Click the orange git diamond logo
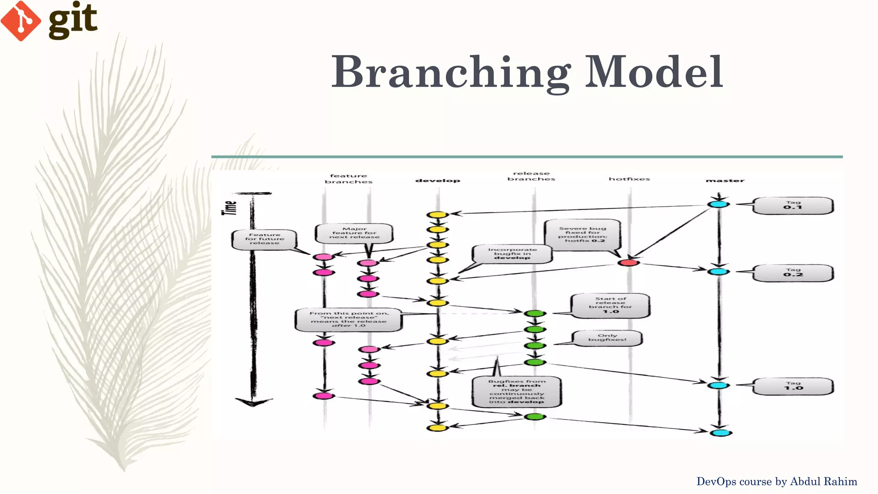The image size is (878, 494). point(21,21)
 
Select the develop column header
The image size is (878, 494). point(438,181)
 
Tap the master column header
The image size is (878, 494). point(725,181)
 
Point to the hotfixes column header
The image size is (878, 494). point(629,179)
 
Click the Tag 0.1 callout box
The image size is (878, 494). point(793,205)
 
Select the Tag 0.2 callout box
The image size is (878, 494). point(793,273)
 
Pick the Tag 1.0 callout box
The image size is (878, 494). point(793,386)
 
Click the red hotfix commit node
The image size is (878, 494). point(628,262)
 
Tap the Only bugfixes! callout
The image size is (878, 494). point(607,338)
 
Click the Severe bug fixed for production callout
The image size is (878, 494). point(582,235)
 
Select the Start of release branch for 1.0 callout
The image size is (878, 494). point(610,305)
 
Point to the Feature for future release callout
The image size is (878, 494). point(265,239)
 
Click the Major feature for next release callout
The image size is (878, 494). point(354,233)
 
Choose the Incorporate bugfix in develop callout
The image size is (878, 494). point(512,254)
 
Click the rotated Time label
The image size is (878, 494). point(230,208)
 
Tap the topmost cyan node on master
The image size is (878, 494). point(719,204)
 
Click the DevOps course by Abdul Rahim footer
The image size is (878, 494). point(776,482)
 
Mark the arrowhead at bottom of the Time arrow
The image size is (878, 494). point(253,402)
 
